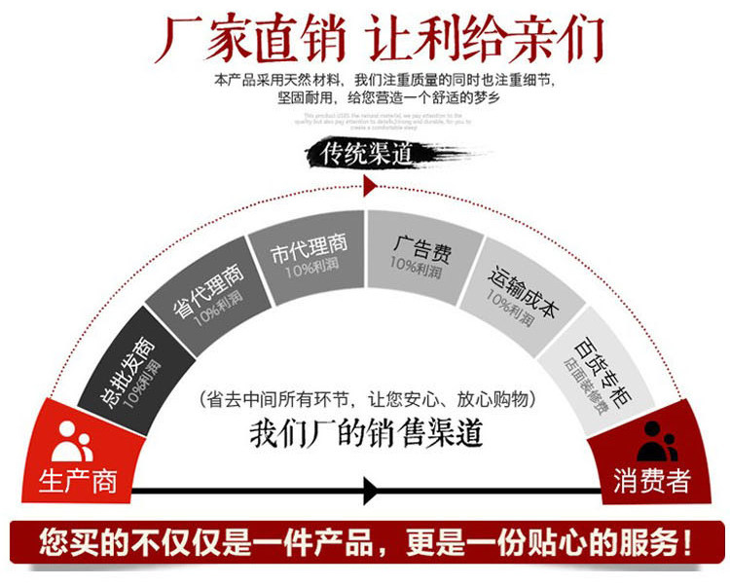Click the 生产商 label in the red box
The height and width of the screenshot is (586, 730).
[77, 481]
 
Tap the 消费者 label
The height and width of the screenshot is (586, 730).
[652, 481]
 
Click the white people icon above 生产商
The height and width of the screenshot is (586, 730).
[72, 441]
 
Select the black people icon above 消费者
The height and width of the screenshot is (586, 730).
[657, 441]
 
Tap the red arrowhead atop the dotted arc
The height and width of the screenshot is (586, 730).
[368, 185]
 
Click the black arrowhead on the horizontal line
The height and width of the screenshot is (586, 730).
[371, 490]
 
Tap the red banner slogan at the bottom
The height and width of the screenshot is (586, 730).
[366, 541]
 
